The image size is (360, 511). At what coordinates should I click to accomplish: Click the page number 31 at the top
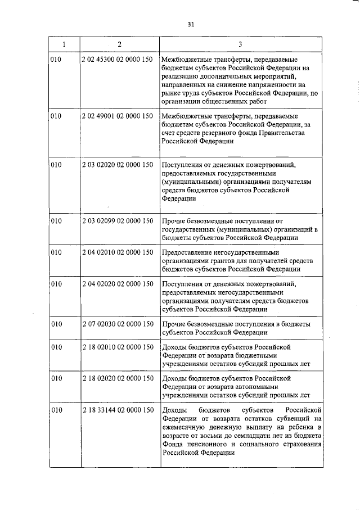coord(191,24)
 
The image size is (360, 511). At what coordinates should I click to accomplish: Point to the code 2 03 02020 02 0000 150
coord(118,165)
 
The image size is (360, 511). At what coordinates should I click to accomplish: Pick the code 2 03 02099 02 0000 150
coord(118,221)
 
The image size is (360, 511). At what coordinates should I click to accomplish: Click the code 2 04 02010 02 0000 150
coord(118,252)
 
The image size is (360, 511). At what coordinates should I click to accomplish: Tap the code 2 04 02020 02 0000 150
coord(118,284)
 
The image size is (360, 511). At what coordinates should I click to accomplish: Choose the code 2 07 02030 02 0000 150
coord(118,324)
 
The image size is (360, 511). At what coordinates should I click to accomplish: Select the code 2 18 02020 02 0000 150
coord(118,378)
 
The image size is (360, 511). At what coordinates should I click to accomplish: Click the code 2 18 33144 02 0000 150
coord(118,410)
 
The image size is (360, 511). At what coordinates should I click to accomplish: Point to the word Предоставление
coord(187,252)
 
